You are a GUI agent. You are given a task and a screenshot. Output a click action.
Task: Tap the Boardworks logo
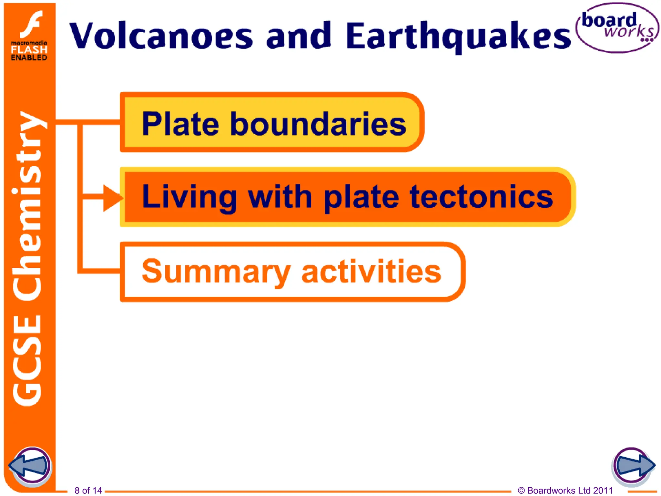point(617,28)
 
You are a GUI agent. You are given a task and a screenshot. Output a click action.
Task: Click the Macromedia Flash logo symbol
point(32,24)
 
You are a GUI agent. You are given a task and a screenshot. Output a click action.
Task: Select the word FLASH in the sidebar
point(29,50)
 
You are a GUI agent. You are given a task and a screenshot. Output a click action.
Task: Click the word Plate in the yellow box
point(180,124)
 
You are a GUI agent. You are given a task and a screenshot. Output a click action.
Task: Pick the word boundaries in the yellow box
point(318,124)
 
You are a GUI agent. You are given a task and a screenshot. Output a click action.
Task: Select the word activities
point(371,271)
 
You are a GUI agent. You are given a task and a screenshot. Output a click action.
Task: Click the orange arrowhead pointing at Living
point(111,198)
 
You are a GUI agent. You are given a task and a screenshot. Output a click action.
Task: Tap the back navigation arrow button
point(31,466)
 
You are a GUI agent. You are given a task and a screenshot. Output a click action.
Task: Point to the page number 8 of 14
point(88,491)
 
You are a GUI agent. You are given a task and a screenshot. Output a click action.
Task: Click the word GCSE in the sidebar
point(27,360)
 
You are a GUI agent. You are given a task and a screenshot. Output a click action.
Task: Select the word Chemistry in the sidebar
point(27,207)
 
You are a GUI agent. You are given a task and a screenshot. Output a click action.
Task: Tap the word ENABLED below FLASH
point(29,58)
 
